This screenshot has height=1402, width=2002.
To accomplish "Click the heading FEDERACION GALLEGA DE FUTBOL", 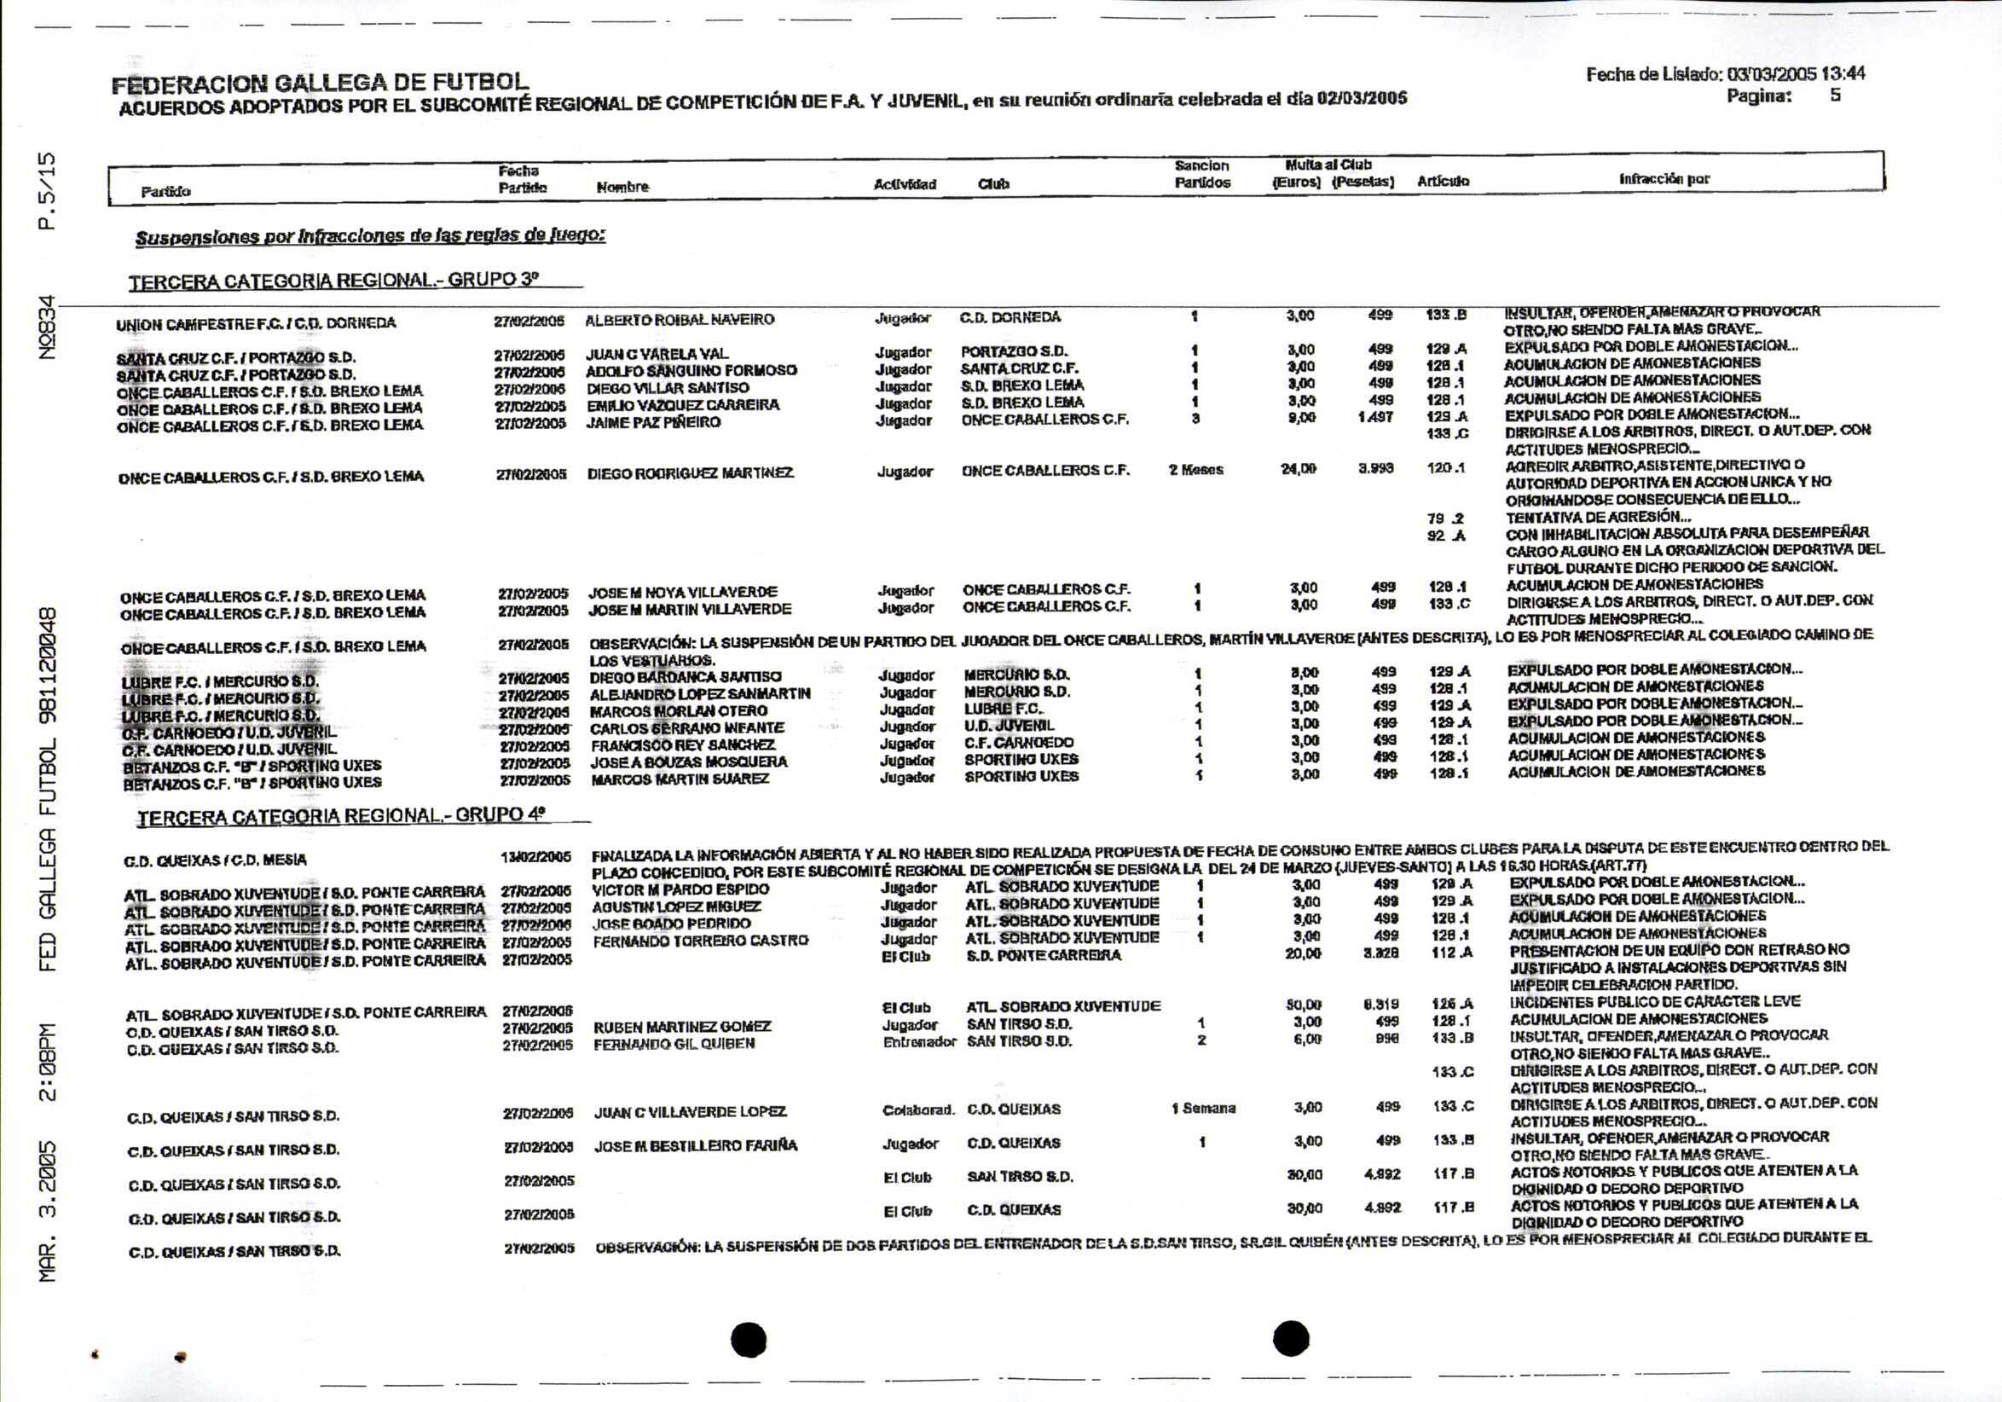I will tap(319, 83).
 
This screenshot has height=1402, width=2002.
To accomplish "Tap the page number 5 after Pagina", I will tap(1835, 95).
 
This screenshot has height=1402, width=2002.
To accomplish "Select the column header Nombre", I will tap(622, 187).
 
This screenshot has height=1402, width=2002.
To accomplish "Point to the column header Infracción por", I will tap(1664, 179).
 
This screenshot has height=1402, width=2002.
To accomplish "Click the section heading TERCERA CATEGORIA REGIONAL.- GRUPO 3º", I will tap(334, 281).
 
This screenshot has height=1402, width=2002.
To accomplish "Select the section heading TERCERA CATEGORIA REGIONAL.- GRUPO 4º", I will tap(341, 816).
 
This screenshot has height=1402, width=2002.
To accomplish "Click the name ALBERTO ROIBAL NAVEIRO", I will tap(680, 320).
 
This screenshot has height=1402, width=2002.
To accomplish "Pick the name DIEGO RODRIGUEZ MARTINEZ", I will tap(690, 473).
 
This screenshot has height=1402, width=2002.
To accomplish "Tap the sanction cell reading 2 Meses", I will tap(1195, 470).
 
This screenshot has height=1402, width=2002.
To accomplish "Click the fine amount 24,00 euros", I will tap(1298, 469).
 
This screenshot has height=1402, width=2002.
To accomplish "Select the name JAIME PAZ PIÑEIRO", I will tap(653, 423).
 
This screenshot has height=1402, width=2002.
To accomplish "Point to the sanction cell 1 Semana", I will tap(1203, 1108).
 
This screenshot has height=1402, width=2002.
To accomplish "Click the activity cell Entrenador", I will tap(918, 1042).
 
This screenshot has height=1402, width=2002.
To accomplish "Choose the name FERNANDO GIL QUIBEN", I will tap(674, 1044).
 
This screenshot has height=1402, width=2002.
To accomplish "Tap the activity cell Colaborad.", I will tap(918, 1110).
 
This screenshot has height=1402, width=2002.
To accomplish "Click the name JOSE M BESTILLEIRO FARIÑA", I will tap(695, 1145).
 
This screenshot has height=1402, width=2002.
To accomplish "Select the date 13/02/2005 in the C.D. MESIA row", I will tap(535, 857).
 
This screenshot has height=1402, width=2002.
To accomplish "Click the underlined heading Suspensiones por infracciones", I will tap(370, 235).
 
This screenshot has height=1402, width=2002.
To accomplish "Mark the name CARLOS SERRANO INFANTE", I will tap(687, 728).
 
